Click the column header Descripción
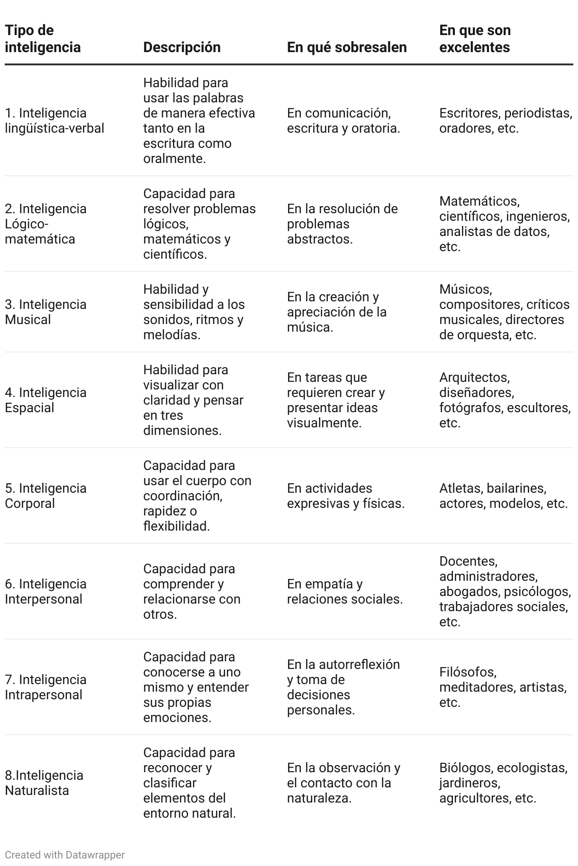click(181, 47)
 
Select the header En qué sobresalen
click(347, 47)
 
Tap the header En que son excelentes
click(475, 39)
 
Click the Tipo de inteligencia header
click(43, 39)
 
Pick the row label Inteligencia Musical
click(45, 312)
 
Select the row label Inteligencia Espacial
click(45, 400)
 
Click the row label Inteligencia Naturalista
click(44, 783)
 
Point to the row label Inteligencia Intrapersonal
click(45, 687)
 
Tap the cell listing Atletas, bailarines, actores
click(503, 496)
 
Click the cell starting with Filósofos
click(503, 687)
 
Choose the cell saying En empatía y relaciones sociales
click(344, 591)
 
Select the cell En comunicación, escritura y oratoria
click(343, 120)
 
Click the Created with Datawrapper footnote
click(64, 855)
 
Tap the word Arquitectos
click(474, 377)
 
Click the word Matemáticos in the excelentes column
click(479, 201)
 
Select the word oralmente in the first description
click(174, 158)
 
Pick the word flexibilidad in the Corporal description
click(176, 526)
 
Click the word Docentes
click(468, 561)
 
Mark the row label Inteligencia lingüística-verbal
click(54, 120)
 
